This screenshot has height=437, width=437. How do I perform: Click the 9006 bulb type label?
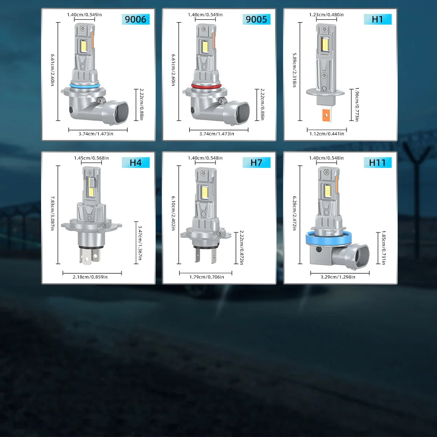(135, 19)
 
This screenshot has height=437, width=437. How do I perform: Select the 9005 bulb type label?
(257, 19)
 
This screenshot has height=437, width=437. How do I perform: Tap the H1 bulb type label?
(378, 19)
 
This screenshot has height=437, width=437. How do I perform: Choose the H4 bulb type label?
(135, 163)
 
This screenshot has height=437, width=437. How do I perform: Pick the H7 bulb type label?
(257, 163)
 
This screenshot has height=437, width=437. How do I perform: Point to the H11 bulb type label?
(378, 163)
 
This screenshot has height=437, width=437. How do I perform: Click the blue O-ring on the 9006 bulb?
(85, 86)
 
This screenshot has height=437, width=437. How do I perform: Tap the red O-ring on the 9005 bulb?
(206, 87)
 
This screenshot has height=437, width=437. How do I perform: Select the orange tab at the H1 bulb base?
(326, 115)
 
